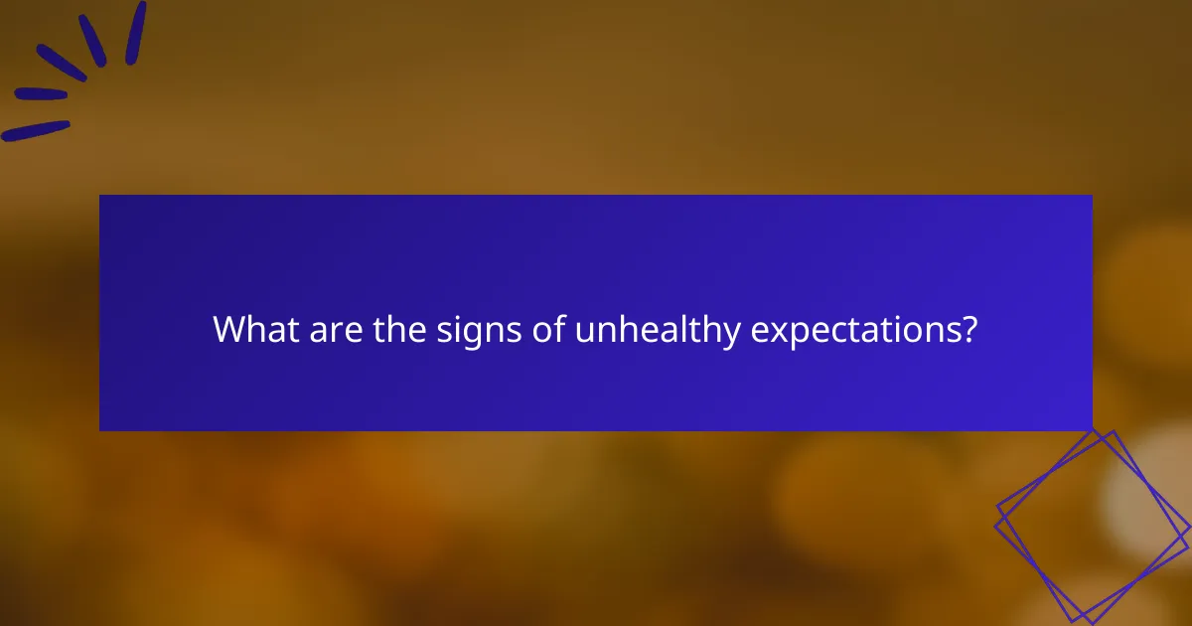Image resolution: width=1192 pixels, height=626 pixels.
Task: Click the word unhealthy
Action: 658,330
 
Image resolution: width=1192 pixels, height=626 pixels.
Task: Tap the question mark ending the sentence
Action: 968,330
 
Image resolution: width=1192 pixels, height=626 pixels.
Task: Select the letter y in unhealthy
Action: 731,334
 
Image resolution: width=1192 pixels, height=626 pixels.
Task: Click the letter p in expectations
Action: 793,334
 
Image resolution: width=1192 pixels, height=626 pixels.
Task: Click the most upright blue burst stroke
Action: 136,33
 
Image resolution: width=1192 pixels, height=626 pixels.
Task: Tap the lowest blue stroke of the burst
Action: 36,130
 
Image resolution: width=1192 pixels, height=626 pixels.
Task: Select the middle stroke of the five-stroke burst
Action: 62,64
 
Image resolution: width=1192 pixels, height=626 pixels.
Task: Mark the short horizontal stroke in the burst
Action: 41,94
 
